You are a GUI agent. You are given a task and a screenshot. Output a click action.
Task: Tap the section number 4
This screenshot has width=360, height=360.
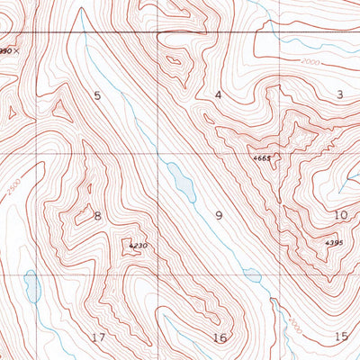(218, 94)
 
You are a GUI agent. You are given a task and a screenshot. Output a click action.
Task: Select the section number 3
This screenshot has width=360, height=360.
(340, 94)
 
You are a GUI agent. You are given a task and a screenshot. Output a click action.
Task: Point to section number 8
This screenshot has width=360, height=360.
(97, 215)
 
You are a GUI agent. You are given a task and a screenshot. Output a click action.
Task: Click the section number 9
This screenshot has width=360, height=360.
(218, 215)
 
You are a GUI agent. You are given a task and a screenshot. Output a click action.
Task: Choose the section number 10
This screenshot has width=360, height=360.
(340, 215)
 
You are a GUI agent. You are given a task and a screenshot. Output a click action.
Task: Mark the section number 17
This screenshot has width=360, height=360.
(99, 337)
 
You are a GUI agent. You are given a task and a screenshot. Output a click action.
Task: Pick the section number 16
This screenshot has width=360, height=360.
(220, 337)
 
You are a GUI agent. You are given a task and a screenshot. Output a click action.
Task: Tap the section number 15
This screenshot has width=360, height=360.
(340, 337)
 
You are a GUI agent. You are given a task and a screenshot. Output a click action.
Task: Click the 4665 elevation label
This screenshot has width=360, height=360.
(262, 158)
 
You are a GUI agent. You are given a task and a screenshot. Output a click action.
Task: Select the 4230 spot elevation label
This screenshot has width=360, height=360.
(137, 246)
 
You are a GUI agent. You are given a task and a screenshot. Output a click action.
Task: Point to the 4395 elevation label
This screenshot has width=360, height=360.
(334, 243)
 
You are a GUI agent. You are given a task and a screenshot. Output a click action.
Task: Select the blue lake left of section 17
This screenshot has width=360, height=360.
(32, 286)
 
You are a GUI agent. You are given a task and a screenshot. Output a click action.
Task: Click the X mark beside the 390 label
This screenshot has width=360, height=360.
(16, 51)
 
